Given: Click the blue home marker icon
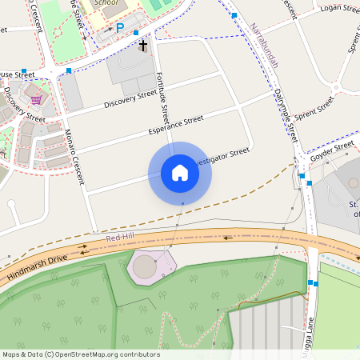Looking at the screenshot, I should pos(180,173).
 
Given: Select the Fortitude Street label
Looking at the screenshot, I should pos(163,94).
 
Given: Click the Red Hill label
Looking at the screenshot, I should pos(118,238).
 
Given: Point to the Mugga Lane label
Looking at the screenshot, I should pos(308,341).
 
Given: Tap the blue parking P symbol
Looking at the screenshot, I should pos(120,28).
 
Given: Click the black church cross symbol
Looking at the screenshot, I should pos(143,46).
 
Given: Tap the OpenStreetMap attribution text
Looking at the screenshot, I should pos(81,354).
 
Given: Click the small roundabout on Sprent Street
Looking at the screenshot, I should pos(336,88).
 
